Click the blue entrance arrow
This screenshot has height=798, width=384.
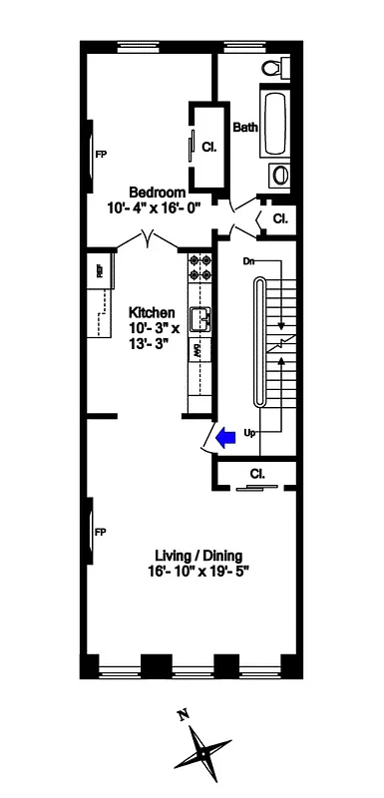[x=226, y=435]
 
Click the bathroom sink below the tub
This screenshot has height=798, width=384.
[x=279, y=177]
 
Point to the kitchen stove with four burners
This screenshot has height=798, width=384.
[x=196, y=268]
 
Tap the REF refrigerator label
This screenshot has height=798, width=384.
[x=101, y=268]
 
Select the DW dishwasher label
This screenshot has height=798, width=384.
[x=198, y=351]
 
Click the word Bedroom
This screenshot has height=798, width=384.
[x=157, y=192]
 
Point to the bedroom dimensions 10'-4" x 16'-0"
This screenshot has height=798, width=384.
[x=156, y=208]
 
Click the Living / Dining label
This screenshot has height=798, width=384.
[x=198, y=556]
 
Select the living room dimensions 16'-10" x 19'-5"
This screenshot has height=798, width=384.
[x=199, y=573]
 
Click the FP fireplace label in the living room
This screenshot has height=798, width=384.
[x=100, y=532]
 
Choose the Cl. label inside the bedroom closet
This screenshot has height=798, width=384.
[x=209, y=147]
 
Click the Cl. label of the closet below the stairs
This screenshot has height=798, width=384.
[x=256, y=474]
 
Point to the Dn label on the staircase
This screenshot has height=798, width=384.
[x=249, y=261]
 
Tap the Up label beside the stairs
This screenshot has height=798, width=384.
[x=249, y=433]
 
